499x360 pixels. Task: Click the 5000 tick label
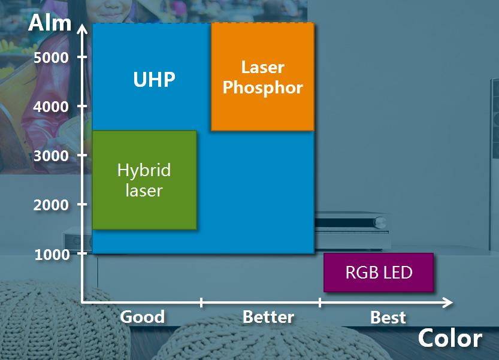point(51,58)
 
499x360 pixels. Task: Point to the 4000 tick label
point(51,107)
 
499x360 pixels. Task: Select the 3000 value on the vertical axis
point(51,156)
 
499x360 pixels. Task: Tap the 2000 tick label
point(51,205)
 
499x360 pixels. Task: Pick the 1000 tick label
point(52,255)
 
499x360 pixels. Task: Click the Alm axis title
point(50,23)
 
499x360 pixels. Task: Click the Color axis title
point(450,338)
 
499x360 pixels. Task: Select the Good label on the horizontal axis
point(142,317)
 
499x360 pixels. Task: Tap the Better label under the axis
point(268,317)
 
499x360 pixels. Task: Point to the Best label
point(388,317)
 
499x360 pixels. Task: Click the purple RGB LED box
point(379,273)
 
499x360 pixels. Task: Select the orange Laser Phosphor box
point(262,77)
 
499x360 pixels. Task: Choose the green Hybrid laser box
point(144,180)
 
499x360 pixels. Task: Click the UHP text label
point(155,79)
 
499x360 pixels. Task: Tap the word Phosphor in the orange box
point(262,87)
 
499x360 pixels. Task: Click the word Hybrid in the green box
point(144,171)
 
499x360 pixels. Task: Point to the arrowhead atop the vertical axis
point(82,29)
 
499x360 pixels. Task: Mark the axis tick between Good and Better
point(201,302)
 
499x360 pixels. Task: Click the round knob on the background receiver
point(380,222)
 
